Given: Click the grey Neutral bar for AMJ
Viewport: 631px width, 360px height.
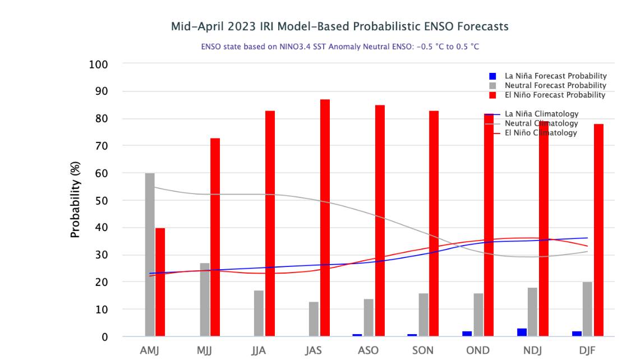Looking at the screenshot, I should [150, 255].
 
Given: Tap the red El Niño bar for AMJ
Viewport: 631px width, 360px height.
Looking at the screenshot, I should [160, 282].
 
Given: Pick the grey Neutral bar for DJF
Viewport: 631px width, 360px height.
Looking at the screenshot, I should [587, 309].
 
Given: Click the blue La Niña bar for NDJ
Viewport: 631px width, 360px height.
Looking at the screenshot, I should [522, 333].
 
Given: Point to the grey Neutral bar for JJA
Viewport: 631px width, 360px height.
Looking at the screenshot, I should [259, 313].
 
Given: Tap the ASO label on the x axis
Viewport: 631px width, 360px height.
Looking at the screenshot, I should [369, 351].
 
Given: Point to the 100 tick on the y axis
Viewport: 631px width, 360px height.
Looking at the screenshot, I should [98, 64].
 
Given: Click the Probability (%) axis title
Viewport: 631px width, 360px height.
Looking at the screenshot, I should [76, 200].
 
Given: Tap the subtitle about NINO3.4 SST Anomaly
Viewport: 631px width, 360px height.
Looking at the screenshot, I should [340, 47].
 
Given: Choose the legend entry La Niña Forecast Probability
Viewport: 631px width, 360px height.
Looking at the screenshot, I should [555, 76].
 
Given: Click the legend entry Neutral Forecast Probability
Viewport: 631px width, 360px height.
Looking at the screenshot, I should [555, 85].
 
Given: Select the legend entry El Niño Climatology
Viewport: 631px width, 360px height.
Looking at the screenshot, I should [541, 133].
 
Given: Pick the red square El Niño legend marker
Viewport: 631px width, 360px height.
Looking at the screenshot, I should [492, 95].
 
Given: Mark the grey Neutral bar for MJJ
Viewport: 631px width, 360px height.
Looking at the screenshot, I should [205, 299].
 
